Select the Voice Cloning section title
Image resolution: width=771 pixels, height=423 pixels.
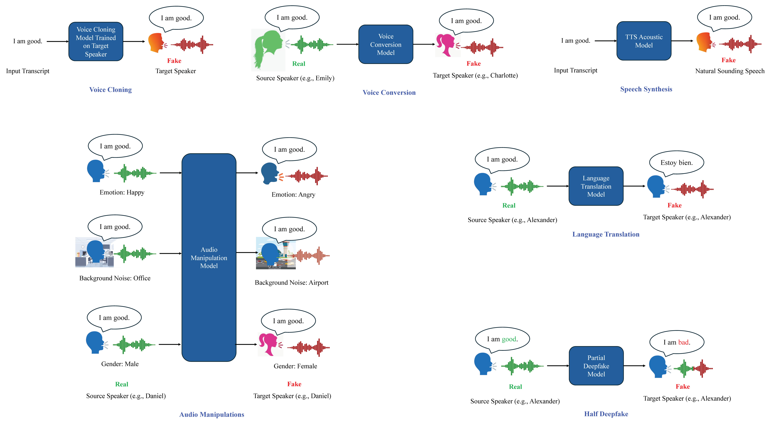pos(110,90)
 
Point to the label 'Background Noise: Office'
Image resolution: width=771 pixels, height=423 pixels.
pos(115,278)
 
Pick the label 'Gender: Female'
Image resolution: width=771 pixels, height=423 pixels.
pos(295,366)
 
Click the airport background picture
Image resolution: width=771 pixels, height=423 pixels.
pos(276,253)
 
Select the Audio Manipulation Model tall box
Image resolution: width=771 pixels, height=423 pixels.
pos(209,258)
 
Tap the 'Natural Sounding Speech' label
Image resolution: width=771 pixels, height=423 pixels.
pos(730,71)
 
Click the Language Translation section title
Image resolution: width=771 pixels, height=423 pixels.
pos(606,234)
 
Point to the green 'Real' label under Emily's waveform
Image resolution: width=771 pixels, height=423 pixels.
pos(299,63)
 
